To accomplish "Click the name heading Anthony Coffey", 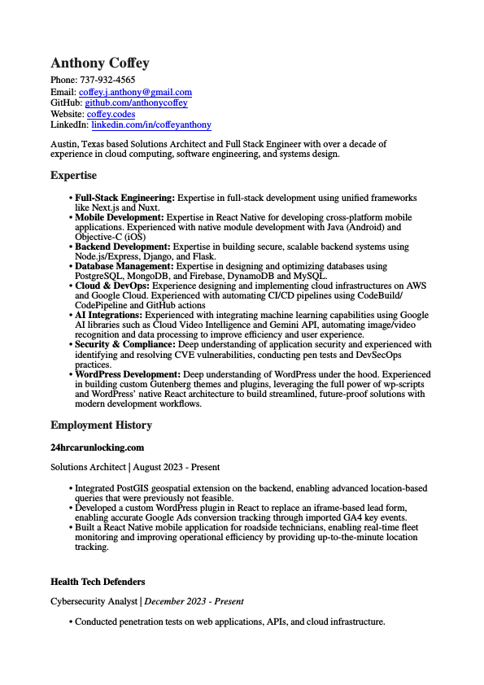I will [x=100, y=63].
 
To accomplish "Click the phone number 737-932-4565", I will [x=107, y=81].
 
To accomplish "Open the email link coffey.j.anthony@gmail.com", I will [x=135, y=92].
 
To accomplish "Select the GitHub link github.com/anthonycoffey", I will [x=136, y=103].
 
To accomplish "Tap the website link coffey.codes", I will [x=111, y=115].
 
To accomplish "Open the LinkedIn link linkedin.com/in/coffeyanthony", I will [x=150, y=125].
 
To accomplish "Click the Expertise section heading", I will [x=73, y=176].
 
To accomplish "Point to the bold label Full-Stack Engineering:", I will [x=124, y=198].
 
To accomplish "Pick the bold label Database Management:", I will [x=124, y=266].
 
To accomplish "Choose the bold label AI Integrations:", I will [x=109, y=315].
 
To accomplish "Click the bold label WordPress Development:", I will [x=128, y=374].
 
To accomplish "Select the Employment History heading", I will [x=101, y=425].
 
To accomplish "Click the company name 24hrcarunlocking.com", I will [x=97, y=447].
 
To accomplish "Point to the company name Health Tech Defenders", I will [x=98, y=582].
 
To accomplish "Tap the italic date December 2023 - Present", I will [x=194, y=602].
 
